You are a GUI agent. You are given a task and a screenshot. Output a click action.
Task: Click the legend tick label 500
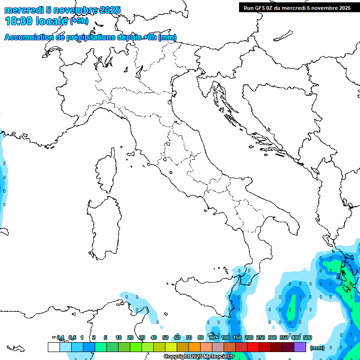[x=307, y=337]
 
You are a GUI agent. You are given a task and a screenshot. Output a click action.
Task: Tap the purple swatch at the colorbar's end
[x=300, y=347]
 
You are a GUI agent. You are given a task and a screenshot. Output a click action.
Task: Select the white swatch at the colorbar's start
[x=53, y=347]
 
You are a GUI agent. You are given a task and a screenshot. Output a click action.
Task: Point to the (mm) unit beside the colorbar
[x=317, y=348]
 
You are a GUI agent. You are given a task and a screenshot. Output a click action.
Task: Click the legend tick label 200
[x=249, y=337]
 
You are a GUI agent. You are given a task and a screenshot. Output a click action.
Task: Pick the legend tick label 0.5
[x=72, y=337]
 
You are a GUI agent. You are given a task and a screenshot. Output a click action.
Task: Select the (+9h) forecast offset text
[x=79, y=21]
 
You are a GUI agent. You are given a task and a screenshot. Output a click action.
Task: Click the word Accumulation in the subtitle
[x=30, y=37]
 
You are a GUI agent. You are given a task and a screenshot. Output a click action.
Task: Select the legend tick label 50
[x=165, y=337]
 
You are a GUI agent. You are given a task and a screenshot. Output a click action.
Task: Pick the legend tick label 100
[x=225, y=337]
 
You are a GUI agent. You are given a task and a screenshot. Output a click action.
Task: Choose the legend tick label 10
[x=119, y=337]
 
